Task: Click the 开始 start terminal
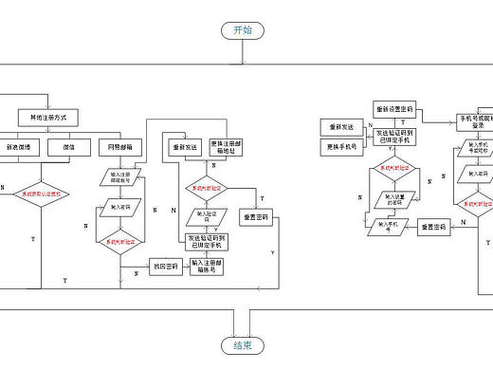coord(243,30)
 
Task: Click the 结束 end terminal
coord(243,344)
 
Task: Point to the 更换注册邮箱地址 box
coord(228,147)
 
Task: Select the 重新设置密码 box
coord(395,107)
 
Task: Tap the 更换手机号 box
coord(339,146)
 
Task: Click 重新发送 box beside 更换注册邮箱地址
coord(184,147)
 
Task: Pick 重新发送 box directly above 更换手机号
coord(339,126)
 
